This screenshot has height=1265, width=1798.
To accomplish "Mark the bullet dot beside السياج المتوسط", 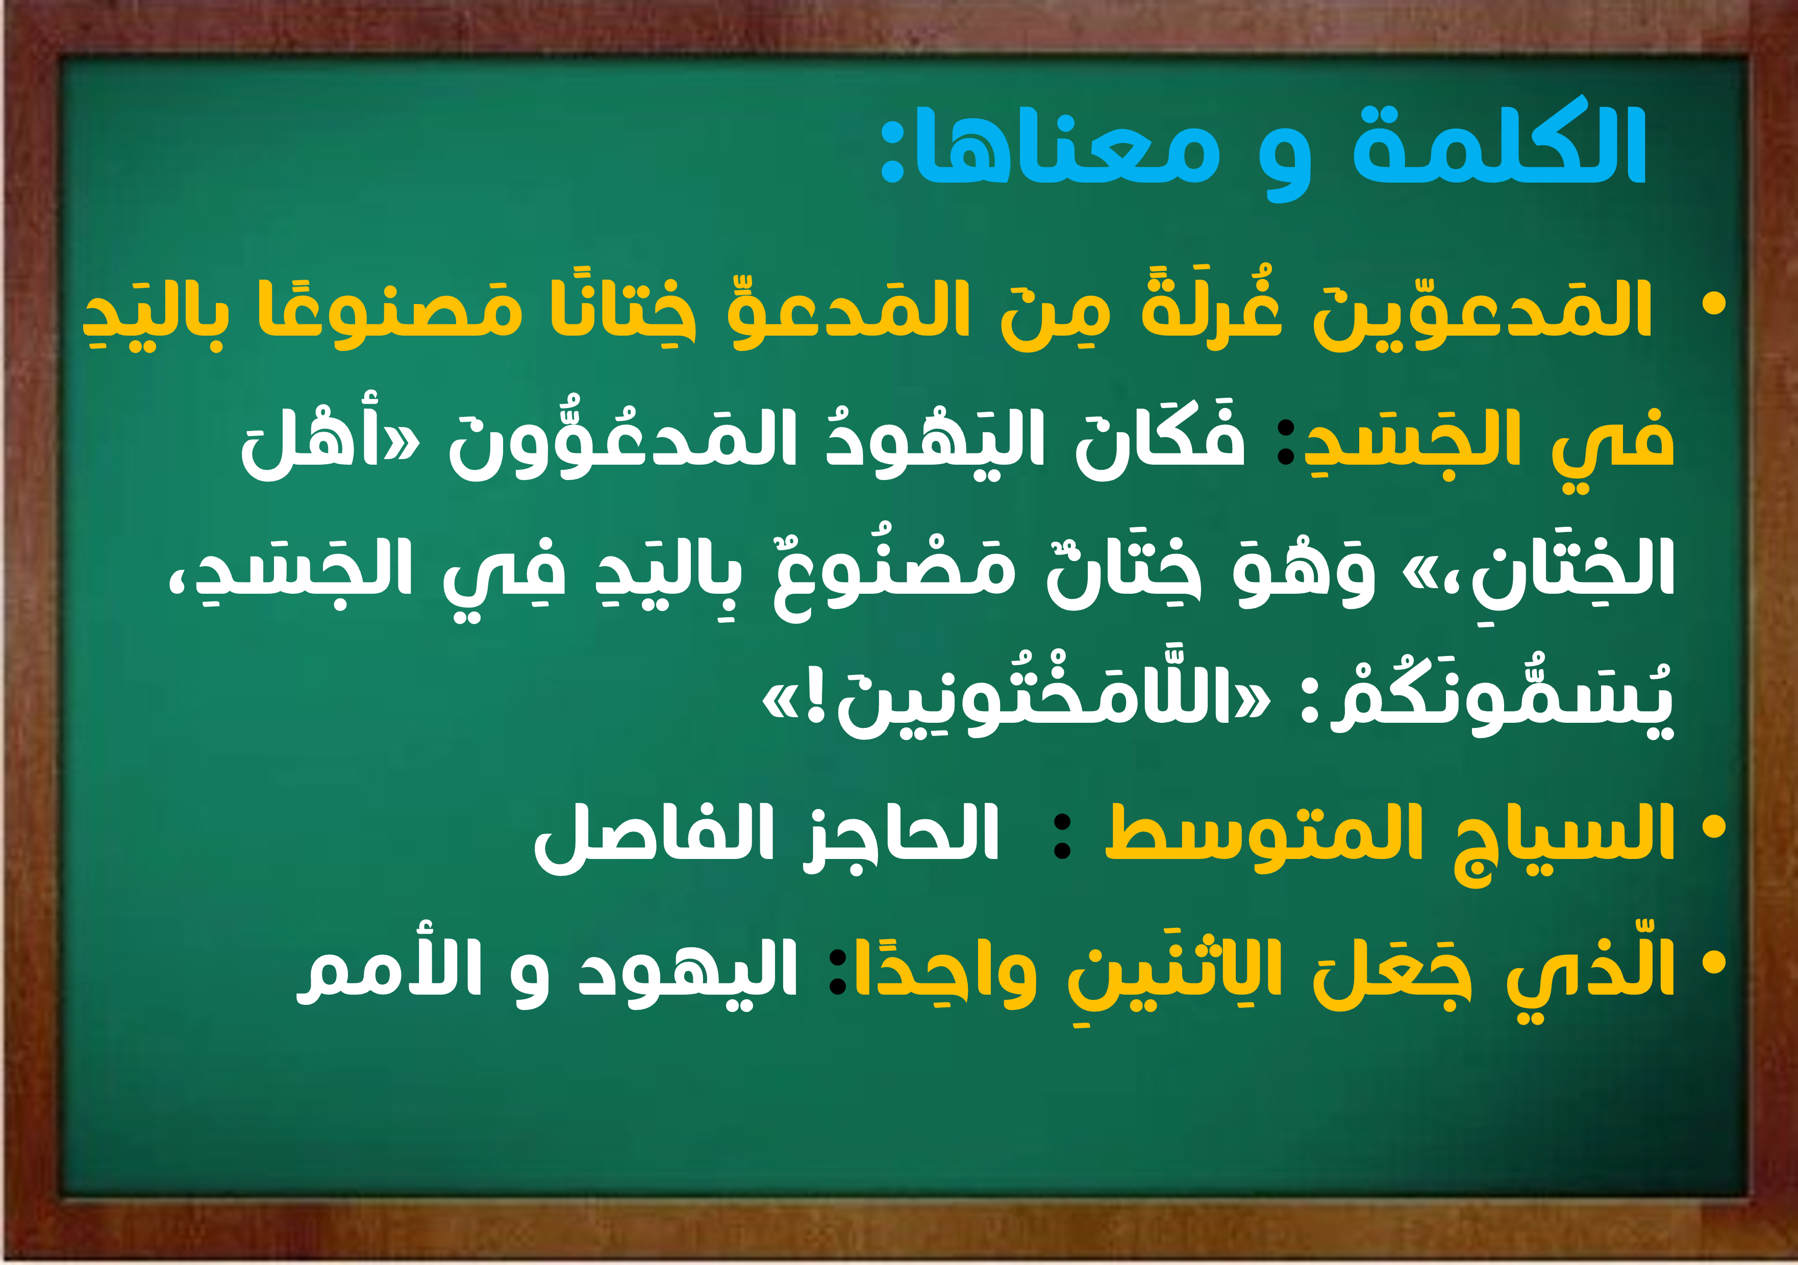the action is [1714, 827].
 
